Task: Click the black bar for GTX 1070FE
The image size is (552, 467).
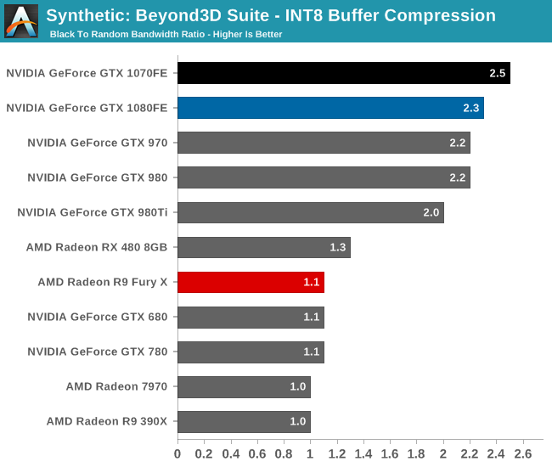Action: pos(343,73)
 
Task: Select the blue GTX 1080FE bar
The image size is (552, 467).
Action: pos(330,108)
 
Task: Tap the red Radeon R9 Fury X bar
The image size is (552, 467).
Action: pos(251,282)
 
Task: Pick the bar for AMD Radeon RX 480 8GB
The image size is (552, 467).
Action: pos(263,247)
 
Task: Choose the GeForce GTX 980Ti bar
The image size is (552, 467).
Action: pos(310,212)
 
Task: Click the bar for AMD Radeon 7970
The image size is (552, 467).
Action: pos(244,386)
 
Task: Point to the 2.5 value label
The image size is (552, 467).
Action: pos(498,73)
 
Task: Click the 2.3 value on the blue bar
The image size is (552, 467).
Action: pos(471,108)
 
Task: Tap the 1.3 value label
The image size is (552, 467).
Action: pos(338,247)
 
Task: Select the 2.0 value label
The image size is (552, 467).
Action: pos(431,212)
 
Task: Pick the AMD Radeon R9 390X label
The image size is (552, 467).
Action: pos(107,421)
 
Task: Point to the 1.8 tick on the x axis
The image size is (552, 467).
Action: pos(416,453)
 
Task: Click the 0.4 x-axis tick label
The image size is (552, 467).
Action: pos(230,453)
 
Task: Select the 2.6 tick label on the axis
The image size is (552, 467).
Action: pos(522,453)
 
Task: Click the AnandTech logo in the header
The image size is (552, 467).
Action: pos(21,20)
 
